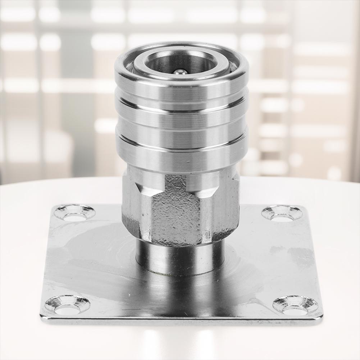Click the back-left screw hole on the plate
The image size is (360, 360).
coord(75,213)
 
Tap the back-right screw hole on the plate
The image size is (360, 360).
coord(282,213)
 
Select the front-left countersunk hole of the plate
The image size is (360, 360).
coord(67,304)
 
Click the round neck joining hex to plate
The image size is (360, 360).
coord(180,257)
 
